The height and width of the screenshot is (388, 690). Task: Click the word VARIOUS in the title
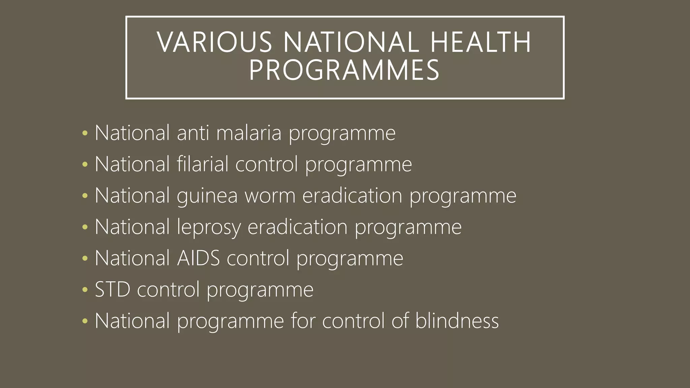(x=214, y=42)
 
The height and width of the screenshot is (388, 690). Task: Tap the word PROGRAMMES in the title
(x=344, y=70)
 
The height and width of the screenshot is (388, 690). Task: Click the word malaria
(x=249, y=133)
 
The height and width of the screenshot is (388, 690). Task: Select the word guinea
(x=207, y=196)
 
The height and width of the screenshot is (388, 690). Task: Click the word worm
(x=270, y=195)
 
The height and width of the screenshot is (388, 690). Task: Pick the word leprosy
(x=209, y=227)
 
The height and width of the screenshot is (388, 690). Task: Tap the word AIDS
(x=198, y=258)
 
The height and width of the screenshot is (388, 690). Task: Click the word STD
(x=113, y=289)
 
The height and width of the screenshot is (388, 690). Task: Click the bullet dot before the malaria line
(x=85, y=133)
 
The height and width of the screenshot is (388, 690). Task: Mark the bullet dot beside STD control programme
(x=85, y=290)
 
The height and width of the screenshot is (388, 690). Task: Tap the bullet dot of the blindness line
(x=85, y=321)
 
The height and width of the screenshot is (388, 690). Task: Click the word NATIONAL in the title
(x=351, y=42)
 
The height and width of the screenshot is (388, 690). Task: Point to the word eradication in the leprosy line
(x=297, y=227)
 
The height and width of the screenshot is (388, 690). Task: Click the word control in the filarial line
(x=266, y=164)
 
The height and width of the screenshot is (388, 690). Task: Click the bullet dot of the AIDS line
(x=85, y=258)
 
